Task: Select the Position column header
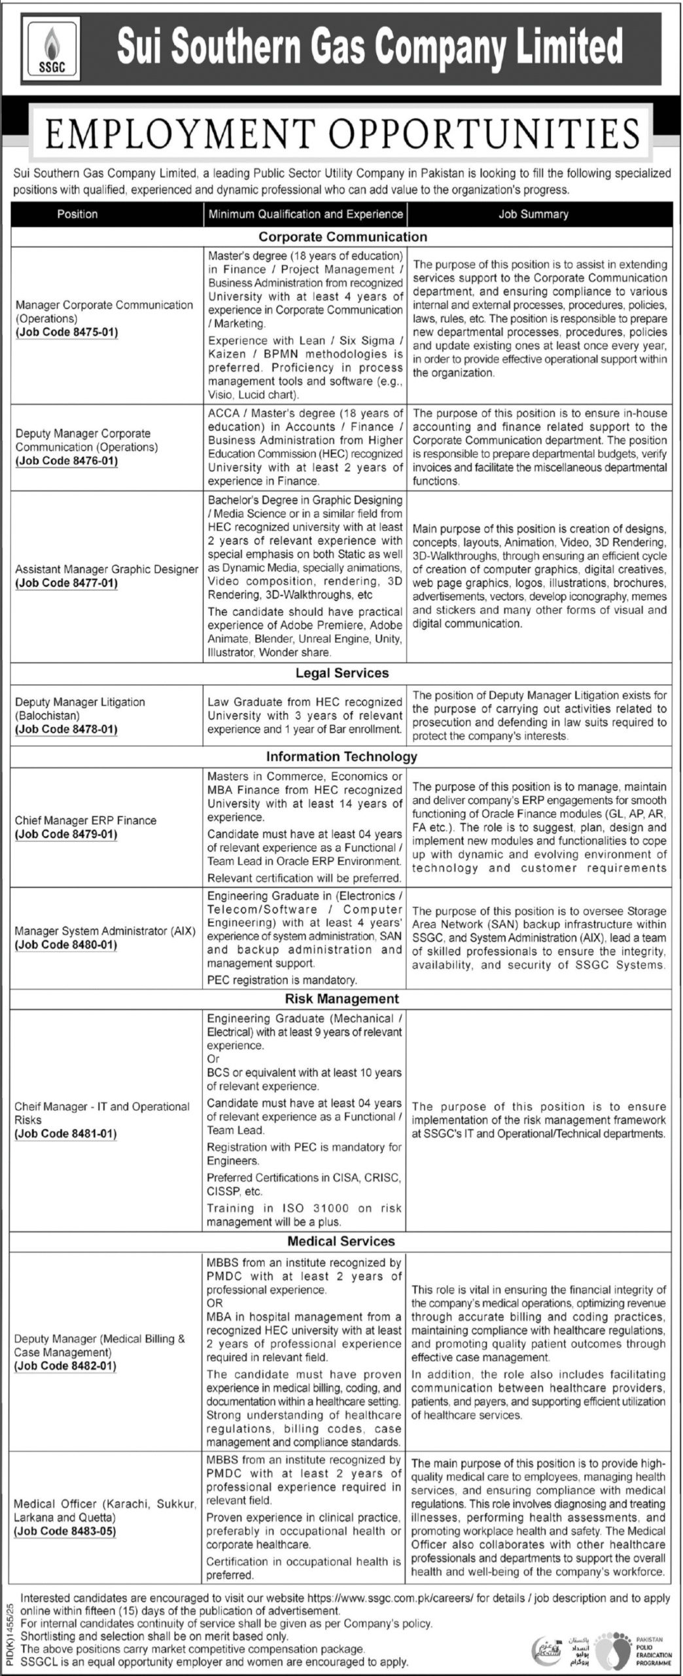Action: pos(77,214)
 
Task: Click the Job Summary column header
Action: pos(533,214)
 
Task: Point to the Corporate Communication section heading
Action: pos(342,236)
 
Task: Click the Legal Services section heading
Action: pos(341,673)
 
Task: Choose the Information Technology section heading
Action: pos(341,756)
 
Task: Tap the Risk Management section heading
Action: pos(341,998)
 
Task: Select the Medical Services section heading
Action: pos(341,1241)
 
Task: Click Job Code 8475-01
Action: pos(66,332)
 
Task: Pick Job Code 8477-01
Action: pos(66,583)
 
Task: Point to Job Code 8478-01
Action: pos(66,729)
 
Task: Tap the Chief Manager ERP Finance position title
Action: pos(86,820)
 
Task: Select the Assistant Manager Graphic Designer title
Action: pos(107,569)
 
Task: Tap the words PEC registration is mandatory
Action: pos(282,979)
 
